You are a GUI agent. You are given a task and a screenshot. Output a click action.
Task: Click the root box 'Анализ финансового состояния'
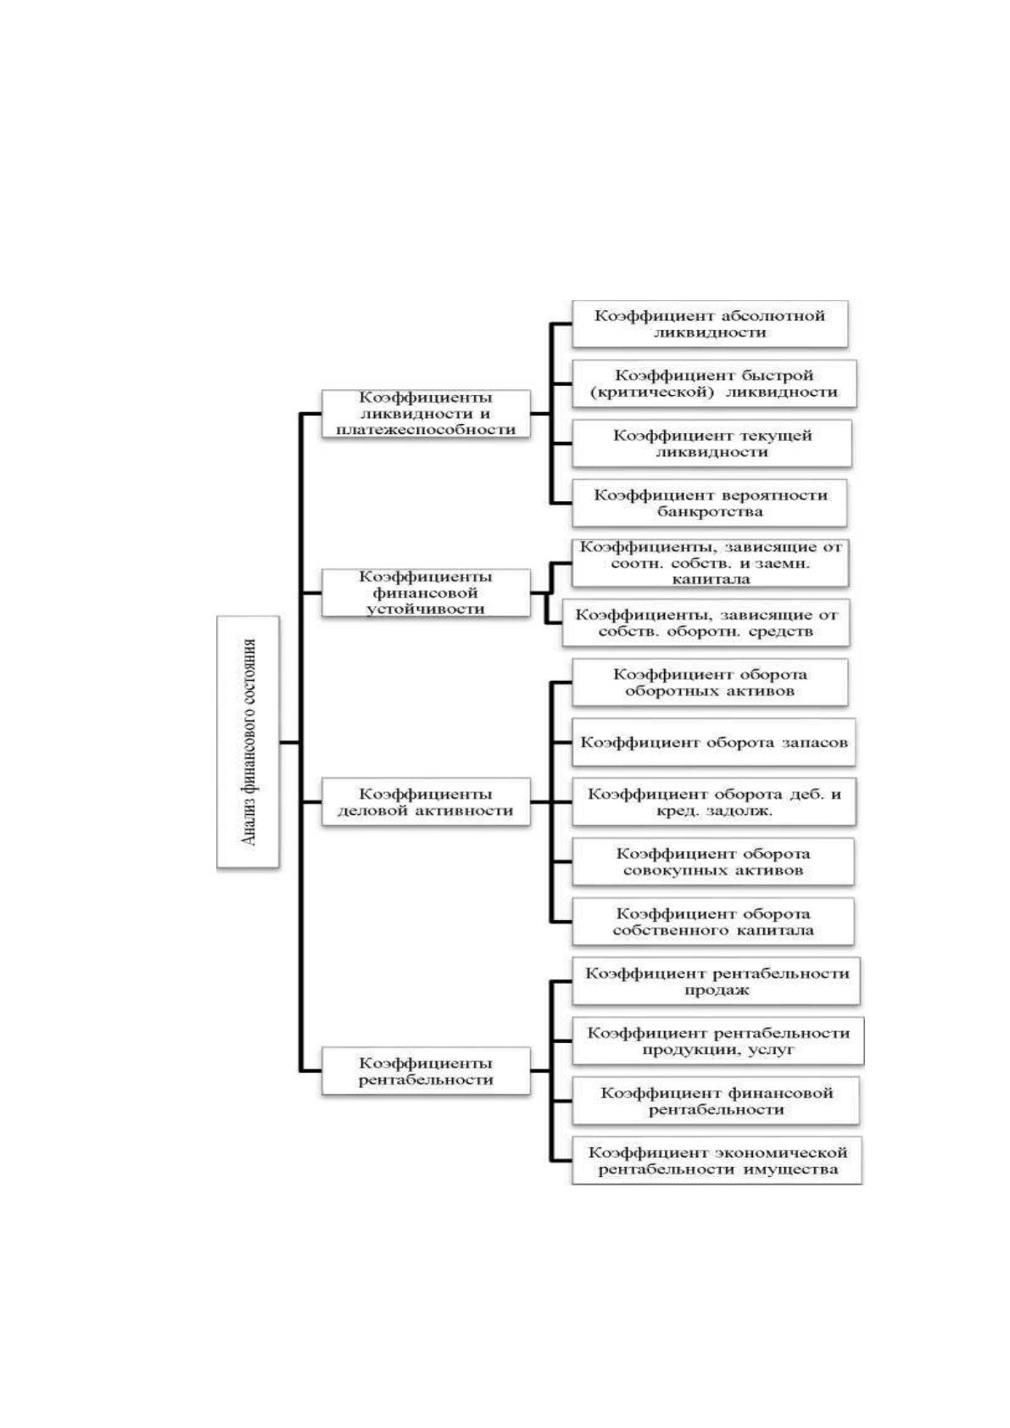point(248,741)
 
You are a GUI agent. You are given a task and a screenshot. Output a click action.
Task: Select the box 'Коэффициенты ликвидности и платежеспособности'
point(426,413)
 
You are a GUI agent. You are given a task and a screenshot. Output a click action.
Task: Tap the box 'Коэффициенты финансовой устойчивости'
point(426,593)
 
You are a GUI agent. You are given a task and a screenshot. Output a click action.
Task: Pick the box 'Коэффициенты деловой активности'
point(426,801)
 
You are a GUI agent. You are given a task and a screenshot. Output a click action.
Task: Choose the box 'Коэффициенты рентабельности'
point(426,1071)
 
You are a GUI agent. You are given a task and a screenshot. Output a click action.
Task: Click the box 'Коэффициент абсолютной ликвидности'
point(710,324)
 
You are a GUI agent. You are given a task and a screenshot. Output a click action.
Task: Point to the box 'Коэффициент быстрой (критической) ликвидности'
point(714,384)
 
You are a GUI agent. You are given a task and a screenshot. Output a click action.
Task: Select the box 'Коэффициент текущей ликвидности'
point(711,443)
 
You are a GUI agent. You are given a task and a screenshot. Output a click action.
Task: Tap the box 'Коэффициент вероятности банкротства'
point(710,503)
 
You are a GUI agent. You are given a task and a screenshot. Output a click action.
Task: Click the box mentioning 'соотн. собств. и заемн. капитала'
point(711,563)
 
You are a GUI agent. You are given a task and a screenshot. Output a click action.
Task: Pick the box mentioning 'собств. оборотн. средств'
point(706,622)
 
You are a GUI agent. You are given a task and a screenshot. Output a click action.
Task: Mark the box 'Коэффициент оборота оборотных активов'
point(710,682)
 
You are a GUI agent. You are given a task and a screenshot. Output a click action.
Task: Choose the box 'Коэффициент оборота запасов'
point(713,742)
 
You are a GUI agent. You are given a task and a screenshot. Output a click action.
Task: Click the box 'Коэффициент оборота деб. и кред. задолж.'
point(714,802)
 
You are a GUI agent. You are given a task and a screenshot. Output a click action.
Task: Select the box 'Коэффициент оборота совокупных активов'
point(713,862)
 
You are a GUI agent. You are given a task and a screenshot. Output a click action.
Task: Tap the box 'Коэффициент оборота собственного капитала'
point(713,921)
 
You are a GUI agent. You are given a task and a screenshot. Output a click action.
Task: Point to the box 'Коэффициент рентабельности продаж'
point(716,981)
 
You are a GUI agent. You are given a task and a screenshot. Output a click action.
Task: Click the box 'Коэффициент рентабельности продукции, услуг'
point(718,1040)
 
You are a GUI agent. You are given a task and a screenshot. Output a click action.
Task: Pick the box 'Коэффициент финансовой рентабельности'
point(716,1101)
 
